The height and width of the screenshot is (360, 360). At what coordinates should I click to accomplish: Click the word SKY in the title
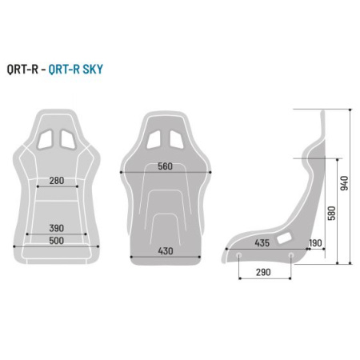click(x=92, y=70)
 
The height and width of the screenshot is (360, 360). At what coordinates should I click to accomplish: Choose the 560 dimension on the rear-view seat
click(x=166, y=166)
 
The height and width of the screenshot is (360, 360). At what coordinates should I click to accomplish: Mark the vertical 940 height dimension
click(x=345, y=185)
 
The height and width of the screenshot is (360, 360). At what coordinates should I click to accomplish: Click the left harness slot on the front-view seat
click(x=47, y=138)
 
